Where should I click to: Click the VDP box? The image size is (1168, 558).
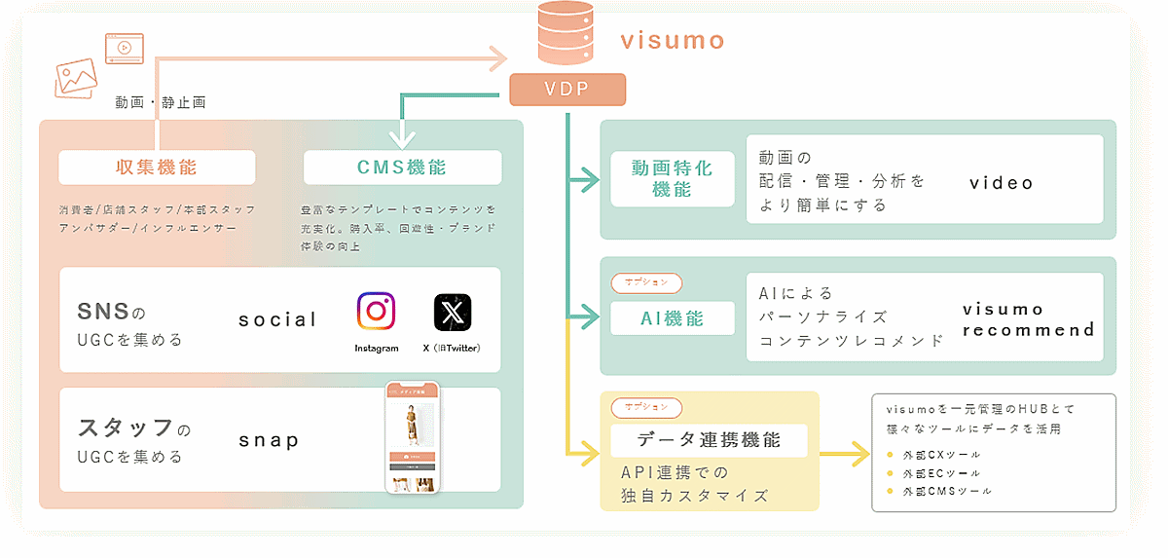[x=567, y=90]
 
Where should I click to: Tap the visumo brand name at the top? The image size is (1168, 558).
[x=673, y=40]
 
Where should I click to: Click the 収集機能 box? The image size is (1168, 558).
[x=157, y=167]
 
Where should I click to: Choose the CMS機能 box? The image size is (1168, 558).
[x=403, y=167]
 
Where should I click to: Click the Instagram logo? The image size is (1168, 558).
[x=376, y=313]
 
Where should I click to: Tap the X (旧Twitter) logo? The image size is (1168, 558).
[x=453, y=313]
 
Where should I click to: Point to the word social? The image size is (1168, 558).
[x=277, y=319]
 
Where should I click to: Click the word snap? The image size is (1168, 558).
[x=269, y=440]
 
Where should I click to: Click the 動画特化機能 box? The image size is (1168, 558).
[x=673, y=178]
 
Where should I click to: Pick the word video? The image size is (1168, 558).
[x=1002, y=183]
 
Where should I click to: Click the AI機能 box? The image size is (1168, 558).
[x=673, y=318]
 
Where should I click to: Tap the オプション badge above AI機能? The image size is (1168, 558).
[x=646, y=282]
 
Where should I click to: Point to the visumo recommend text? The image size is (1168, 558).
[x=1028, y=319]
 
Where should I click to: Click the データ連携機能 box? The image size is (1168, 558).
[x=709, y=440]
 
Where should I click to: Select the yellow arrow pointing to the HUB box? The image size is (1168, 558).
[x=845, y=453]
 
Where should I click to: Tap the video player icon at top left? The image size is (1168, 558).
[x=125, y=49]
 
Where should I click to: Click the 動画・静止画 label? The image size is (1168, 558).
[x=160, y=101]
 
